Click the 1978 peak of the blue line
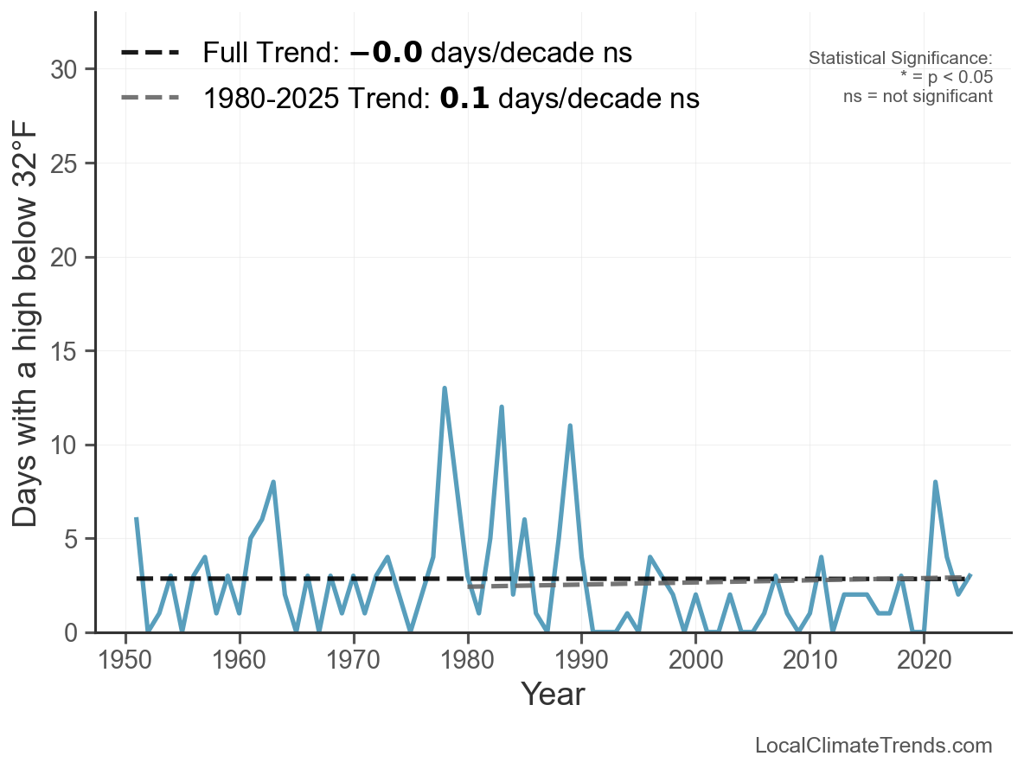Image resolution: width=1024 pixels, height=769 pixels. click(445, 388)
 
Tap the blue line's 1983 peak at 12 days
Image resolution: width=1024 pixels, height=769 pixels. click(502, 407)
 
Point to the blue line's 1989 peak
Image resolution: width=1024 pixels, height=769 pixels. click(570, 426)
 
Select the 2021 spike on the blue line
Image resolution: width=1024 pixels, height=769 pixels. click(935, 483)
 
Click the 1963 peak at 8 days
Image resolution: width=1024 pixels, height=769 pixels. click(273, 483)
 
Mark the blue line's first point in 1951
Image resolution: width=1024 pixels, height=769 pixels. click(137, 520)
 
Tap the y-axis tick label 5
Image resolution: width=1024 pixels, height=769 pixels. click(73, 539)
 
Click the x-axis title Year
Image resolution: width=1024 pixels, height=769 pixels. click(553, 695)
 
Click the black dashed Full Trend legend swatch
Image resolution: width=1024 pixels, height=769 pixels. click(150, 53)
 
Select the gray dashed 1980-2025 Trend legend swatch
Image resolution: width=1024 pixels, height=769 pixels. click(150, 98)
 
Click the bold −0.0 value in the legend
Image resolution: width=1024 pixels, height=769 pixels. click(386, 53)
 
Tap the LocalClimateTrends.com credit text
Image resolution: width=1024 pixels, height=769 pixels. click(874, 746)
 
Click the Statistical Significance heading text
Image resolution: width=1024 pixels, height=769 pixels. click(900, 58)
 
